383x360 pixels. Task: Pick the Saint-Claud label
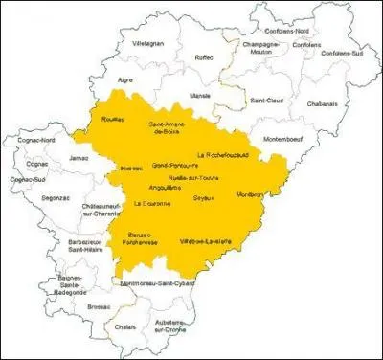(267, 100)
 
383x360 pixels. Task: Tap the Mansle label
(200, 96)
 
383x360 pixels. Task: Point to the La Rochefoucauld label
(223, 153)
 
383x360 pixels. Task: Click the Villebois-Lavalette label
(206, 242)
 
